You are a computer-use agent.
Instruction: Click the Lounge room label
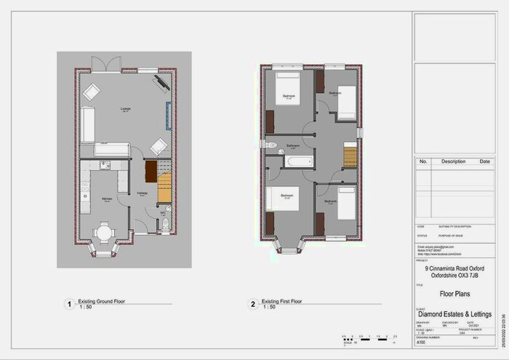point(125,110)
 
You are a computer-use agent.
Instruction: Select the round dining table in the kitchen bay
point(105,233)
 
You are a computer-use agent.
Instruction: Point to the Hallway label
point(143,193)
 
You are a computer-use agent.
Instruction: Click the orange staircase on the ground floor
point(164,188)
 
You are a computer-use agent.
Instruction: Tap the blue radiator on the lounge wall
point(169,114)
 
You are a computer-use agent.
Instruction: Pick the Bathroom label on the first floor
point(293,145)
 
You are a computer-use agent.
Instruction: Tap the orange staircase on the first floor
point(351,156)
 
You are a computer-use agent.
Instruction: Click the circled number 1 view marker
point(69,304)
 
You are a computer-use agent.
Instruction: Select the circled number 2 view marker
point(252,304)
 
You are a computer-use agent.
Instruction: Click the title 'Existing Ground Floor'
point(105,300)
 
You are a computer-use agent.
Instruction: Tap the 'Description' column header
point(453,161)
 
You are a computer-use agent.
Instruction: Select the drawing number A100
point(421,343)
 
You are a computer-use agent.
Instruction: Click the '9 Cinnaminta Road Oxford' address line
point(457,268)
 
